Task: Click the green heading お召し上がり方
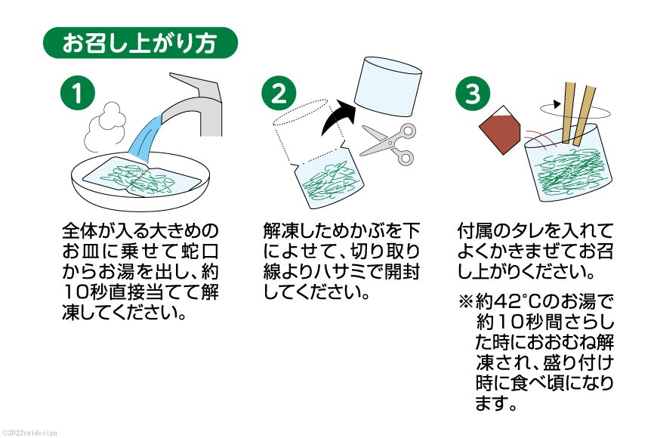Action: pos(140,43)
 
